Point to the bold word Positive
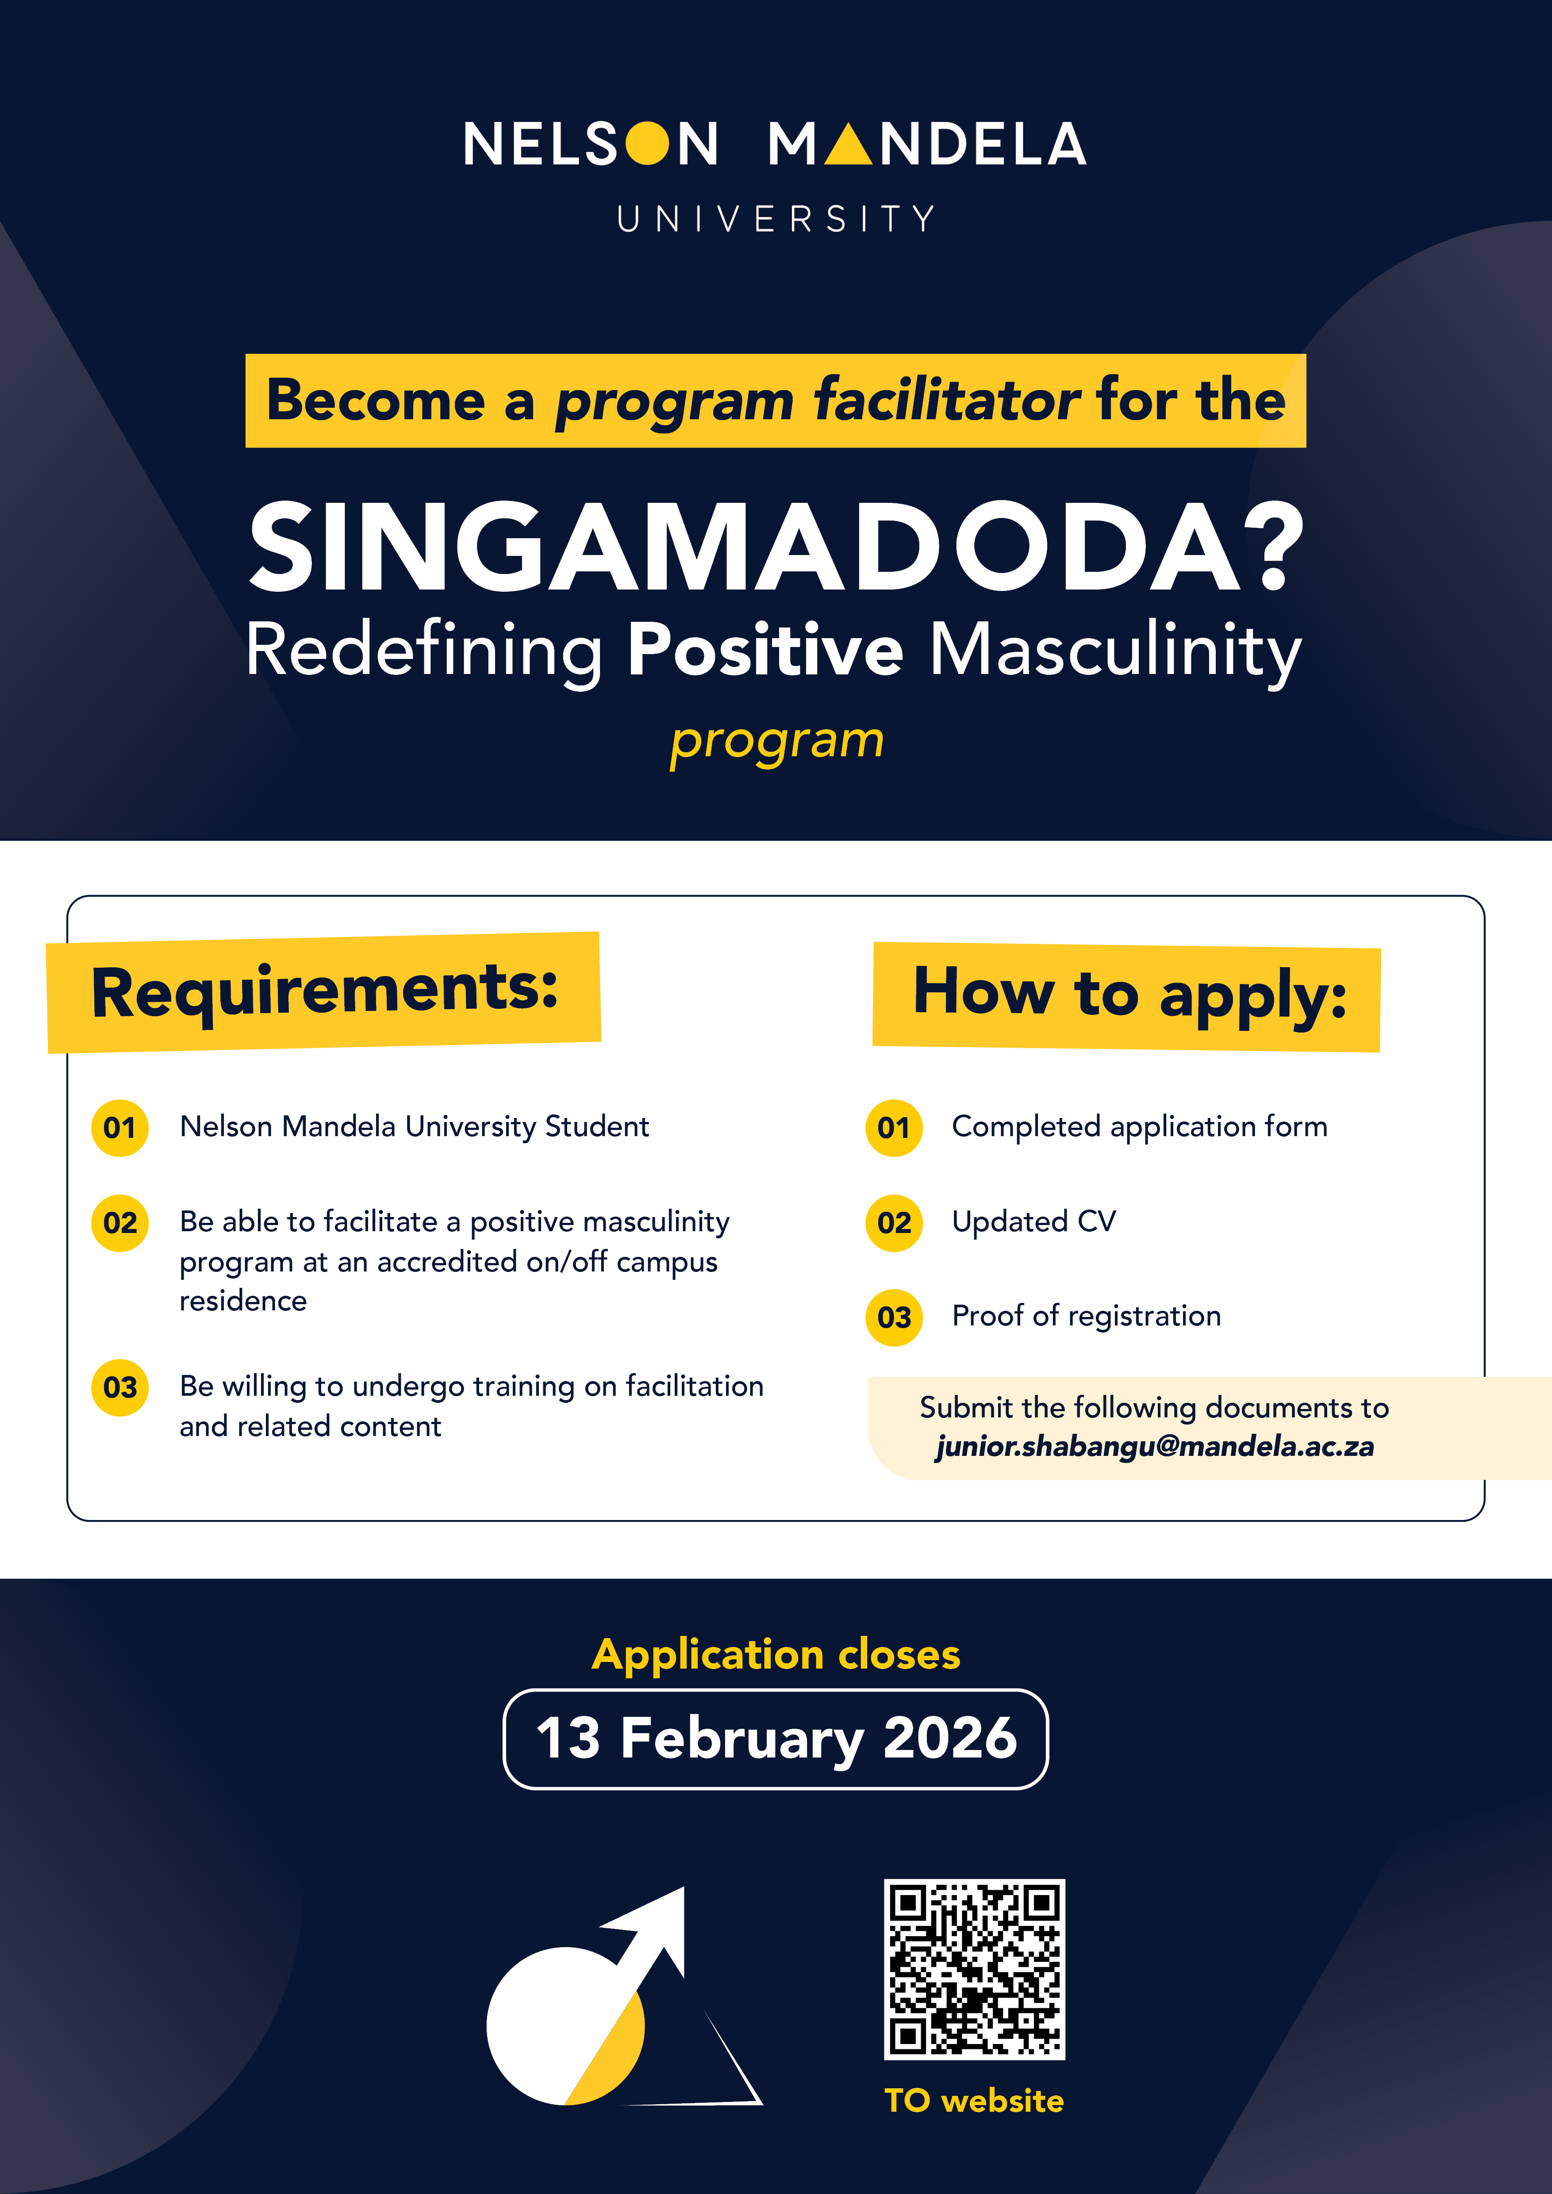(764, 650)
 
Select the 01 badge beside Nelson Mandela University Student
(119, 1128)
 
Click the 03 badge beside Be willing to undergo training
(119, 1387)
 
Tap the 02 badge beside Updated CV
(894, 1222)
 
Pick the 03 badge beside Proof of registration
(894, 1318)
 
